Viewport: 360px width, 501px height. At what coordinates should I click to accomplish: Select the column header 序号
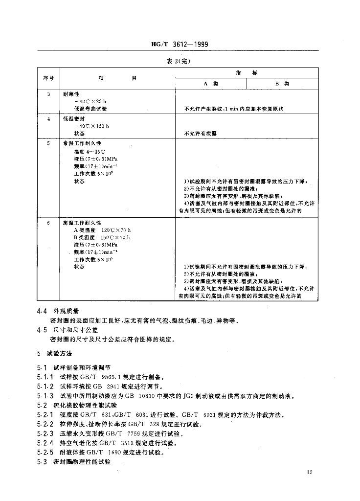click(x=47, y=78)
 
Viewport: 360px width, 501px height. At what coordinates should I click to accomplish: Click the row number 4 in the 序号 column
click(x=48, y=118)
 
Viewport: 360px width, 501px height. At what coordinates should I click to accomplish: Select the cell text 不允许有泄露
click(x=200, y=133)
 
